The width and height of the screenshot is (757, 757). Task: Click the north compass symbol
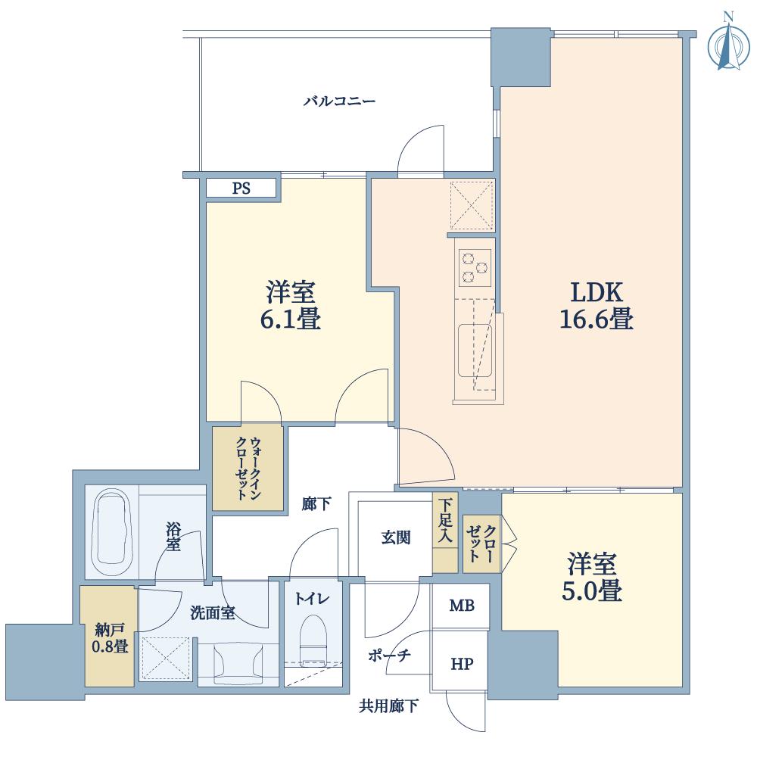[728, 42]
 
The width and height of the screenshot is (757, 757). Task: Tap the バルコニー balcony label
[339, 101]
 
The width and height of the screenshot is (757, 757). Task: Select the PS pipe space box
[241, 188]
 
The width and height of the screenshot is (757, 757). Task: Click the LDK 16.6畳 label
[597, 306]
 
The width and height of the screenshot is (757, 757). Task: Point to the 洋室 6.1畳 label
[291, 306]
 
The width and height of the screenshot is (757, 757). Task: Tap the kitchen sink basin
[475, 350]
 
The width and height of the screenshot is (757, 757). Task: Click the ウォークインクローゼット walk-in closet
[248, 468]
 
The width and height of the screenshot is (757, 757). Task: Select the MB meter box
[462, 606]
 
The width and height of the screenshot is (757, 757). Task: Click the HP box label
[462, 665]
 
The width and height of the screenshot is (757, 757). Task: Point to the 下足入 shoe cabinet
[445, 532]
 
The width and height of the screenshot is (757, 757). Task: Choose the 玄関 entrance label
[396, 537]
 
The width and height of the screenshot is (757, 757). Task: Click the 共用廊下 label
[388, 706]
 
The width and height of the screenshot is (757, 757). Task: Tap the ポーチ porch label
[389, 655]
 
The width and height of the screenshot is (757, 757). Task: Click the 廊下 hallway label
[316, 504]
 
